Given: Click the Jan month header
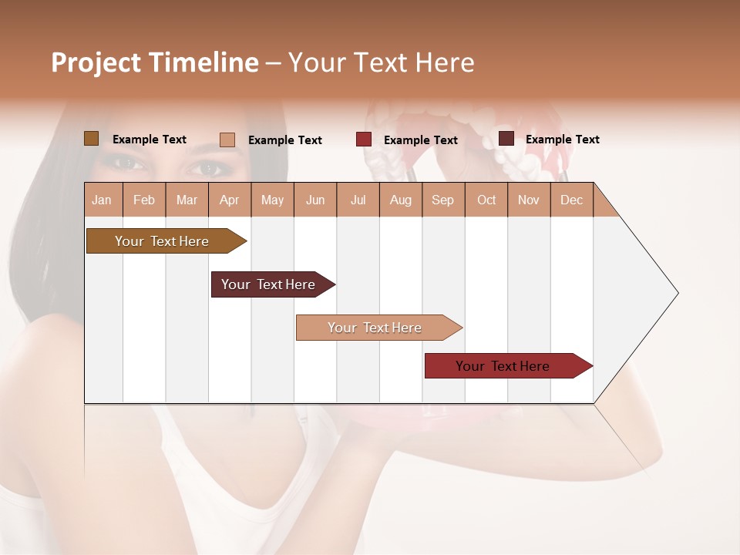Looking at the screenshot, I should pos(102,200).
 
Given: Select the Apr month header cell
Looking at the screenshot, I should pos(229,200).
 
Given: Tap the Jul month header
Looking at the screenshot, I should pos(358,200).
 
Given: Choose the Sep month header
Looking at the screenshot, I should pos(442,200).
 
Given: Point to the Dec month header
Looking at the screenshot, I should pos(571,200).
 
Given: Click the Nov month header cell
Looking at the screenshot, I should pos(528,200).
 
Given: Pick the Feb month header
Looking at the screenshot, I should pos(144,200).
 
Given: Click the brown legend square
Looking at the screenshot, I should pos(91,139).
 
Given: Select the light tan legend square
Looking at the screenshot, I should pos(227,140).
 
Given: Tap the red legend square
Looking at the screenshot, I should pos(364,140).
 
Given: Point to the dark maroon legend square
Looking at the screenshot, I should pos(506,139).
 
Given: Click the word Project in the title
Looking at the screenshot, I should pos(96,62).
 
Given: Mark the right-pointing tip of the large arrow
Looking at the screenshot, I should pos(676,293).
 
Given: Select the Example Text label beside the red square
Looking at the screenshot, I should pos(420,140).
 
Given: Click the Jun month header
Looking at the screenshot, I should pos(315,200).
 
